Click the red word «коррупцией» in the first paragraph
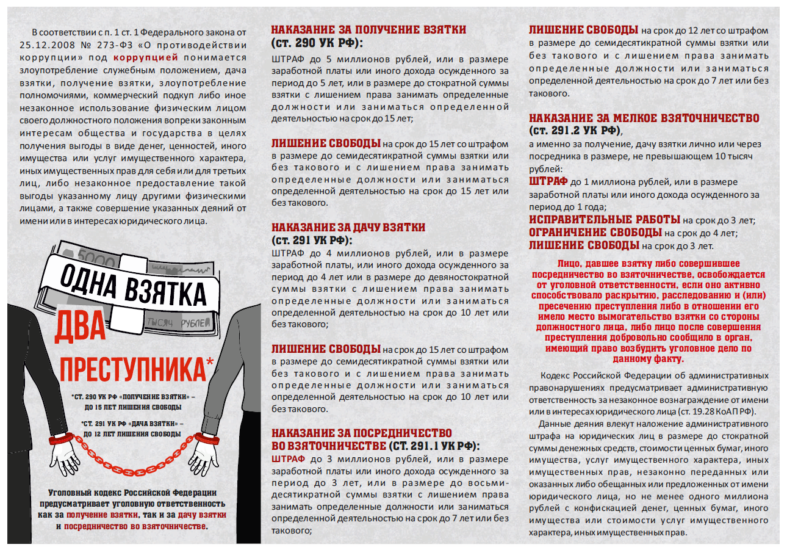coord(146,58)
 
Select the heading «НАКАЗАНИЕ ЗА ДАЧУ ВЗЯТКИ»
coord(348,228)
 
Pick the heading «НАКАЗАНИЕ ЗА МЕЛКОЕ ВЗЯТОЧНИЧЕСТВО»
coord(644,118)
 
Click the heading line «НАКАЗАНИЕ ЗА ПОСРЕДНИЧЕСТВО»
coord(361,433)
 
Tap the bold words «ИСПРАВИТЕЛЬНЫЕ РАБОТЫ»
coord(604,220)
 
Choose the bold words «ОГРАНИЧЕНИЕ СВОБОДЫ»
coord(595,233)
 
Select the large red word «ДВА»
coord(80,330)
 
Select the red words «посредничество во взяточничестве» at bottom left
coord(135,526)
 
